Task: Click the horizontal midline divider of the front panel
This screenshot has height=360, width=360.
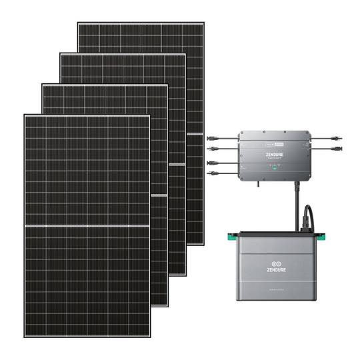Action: coord(87,226)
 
